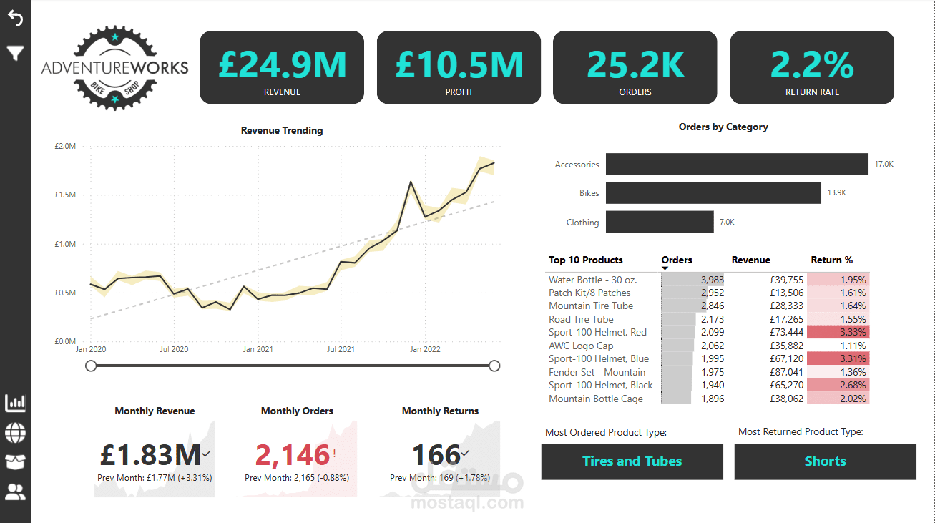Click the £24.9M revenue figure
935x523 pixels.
pos(282,64)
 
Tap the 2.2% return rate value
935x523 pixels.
pos(812,64)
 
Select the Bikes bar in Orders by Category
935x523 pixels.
pos(713,193)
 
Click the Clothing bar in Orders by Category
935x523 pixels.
pos(660,222)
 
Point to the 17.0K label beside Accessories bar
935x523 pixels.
pos(883,165)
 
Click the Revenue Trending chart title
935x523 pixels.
pos(282,131)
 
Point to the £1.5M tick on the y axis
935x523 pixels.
pos(65,195)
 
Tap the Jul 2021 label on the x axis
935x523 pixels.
pos(341,350)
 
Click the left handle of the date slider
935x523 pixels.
pos(91,366)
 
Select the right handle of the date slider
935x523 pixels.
pos(494,366)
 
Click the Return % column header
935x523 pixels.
pos(831,260)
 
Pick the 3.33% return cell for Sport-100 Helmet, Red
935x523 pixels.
pos(838,333)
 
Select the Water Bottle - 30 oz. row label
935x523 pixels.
pos(592,280)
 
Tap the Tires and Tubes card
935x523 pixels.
pos(632,461)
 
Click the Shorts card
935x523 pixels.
pos(825,461)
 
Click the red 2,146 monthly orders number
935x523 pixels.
pos(293,455)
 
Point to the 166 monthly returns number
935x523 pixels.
pos(436,455)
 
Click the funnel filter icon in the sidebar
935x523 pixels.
pos(15,53)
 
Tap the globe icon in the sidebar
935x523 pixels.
pos(15,433)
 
